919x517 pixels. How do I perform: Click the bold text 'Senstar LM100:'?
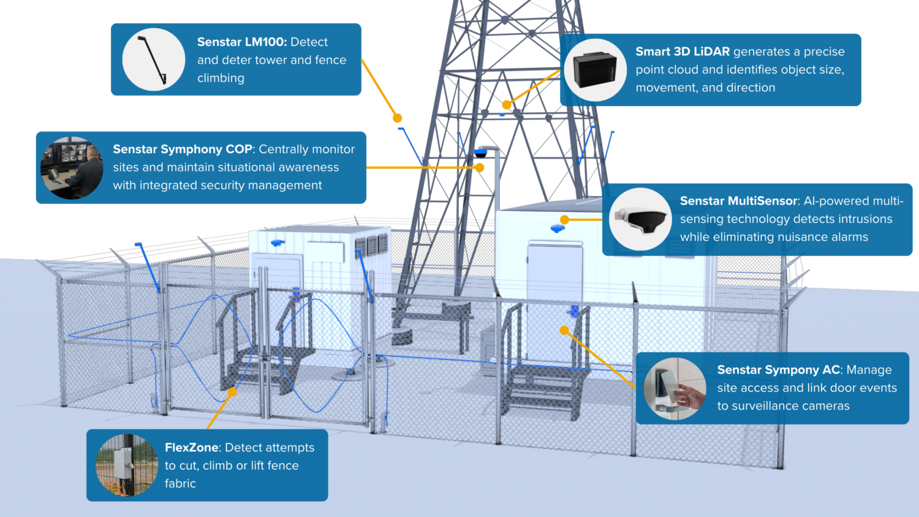[x=241, y=42]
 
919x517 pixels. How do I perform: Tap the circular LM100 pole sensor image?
[x=154, y=59]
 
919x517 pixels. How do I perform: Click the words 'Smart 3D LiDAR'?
[x=682, y=52]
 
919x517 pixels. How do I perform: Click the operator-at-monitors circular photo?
[x=72, y=168]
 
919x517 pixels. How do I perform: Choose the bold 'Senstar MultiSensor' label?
[x=739, y=201]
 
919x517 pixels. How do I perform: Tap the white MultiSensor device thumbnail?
[x=640, y=219]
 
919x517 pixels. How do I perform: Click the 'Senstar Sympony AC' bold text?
[x=779, y=370]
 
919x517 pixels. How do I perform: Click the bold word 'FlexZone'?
[x=192, y=448]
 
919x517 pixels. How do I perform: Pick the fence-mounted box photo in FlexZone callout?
[x=127, y=466]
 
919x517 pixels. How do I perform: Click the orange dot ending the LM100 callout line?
[x=398, y=118]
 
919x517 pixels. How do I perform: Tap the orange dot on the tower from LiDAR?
[x=507, y=105]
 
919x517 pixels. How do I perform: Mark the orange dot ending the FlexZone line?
[x=232, y=392]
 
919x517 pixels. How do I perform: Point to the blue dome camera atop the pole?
[x=480, y=153]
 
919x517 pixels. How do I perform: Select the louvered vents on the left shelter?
[x=371, y=244]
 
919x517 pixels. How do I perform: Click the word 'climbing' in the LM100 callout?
[x=221, y=78]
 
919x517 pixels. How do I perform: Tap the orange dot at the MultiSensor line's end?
[x=564, y=219]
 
